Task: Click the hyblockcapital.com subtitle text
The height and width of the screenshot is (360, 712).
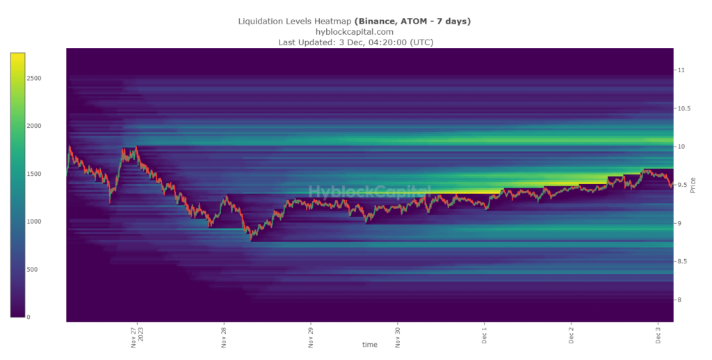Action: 355,31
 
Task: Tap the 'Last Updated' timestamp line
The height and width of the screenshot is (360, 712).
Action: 355,42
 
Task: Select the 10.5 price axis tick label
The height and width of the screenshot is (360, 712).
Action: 684,108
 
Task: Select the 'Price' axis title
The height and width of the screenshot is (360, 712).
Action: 693,185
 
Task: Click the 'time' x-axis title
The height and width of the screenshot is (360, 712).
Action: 370,345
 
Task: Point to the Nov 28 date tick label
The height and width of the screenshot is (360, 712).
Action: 224,337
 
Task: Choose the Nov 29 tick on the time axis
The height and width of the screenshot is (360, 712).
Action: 310,337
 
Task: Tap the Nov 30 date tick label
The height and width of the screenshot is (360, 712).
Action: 397,337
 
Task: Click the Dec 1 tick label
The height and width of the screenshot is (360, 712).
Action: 484,336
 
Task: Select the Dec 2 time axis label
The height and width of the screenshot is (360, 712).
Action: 571,336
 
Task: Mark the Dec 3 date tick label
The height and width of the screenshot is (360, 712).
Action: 658,336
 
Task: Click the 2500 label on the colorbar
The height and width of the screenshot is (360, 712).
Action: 34,78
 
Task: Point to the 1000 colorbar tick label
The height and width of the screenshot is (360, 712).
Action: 34,221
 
